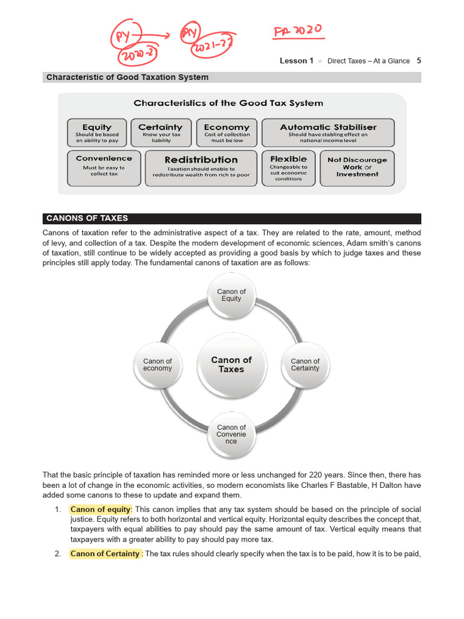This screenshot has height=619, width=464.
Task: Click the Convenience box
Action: (x=104, y=167)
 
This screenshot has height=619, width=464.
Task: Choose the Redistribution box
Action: (x=201, y=167)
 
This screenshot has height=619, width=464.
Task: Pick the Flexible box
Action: (x=289, y=167)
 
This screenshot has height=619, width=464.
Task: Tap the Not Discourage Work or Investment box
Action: (x=357, y=167)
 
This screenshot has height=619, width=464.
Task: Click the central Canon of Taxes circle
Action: (x=231, y=364)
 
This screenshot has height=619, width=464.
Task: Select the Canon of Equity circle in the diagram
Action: (x=231, y=296)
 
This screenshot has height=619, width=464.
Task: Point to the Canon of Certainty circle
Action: (x=305, y=365)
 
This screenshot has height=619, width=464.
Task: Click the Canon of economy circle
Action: (x=158, y=365)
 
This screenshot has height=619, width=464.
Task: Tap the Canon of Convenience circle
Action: (x=231, y=434)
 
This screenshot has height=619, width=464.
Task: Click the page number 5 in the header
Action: (x=419, y=60)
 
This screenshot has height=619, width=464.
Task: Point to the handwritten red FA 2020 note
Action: (x=297, y=30)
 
